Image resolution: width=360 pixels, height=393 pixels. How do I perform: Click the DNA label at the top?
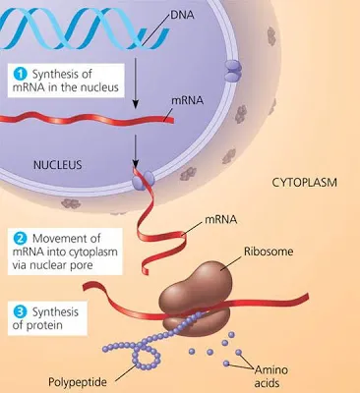[181, 17]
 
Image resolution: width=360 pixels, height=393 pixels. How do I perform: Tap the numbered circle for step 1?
[17, 73]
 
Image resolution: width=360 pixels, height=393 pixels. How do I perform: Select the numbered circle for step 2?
[17, 237]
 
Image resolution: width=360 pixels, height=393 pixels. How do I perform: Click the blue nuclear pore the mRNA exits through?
[143, 178]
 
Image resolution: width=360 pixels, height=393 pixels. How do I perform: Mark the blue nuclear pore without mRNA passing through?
[233, 69]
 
